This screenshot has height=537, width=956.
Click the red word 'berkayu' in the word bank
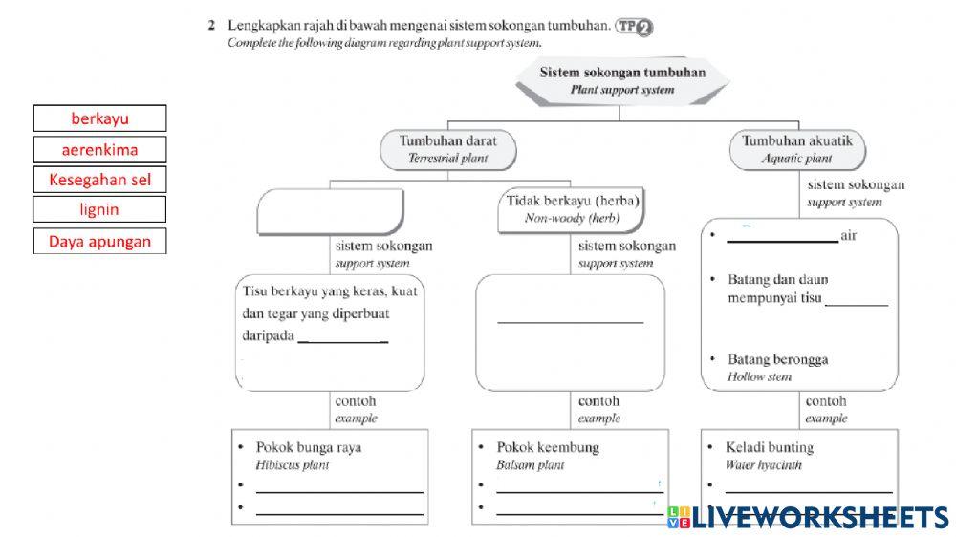pos(99,118)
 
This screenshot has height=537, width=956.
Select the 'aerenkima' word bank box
pos(99,149)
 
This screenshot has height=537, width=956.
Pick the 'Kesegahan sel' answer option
pos(99,180)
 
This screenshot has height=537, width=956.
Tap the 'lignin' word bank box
pos(99,209)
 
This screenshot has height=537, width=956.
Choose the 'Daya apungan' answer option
pos(99,241)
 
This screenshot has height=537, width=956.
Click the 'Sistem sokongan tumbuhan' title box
pos(622,80)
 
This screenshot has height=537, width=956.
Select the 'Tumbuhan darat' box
pos(447,148)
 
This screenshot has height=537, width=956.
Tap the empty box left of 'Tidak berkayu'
pos(331,209)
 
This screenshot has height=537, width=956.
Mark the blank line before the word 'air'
pos(781,240)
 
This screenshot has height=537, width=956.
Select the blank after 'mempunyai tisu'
pos(857,303)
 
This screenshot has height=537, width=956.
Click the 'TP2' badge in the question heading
pos(635,28)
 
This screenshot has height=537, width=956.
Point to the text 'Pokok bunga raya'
pos(308,447)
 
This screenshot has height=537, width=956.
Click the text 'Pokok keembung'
pos(548,447)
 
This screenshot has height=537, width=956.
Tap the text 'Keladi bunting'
pos(770,447)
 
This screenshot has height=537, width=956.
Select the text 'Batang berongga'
pos(778,360)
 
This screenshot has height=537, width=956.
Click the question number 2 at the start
pos(211,26)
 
